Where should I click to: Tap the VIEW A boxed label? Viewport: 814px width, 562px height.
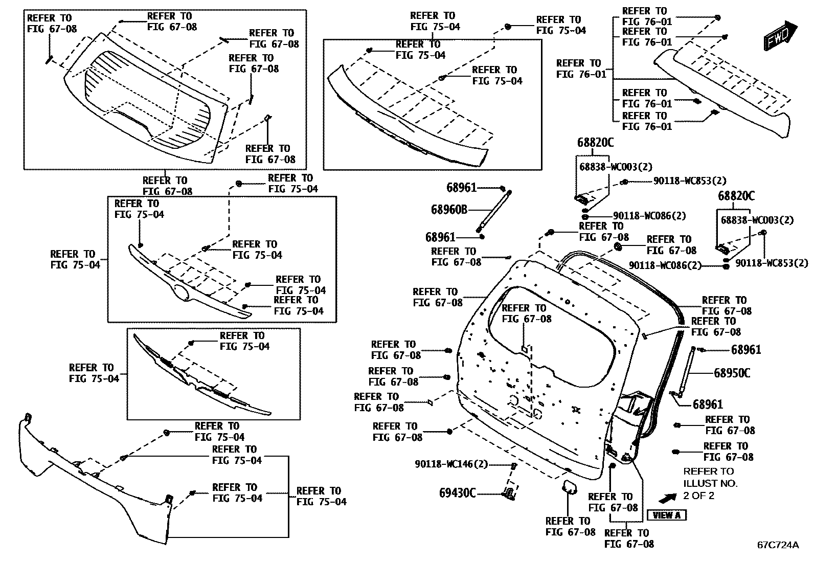tap(667, 515)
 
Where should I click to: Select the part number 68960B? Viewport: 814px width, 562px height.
tap(449, 209)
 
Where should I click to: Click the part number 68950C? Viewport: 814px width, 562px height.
tap(732, 373)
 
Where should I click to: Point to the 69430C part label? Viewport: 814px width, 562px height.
tap(457, 493)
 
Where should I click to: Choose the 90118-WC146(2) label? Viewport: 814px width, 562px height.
tap(451, 464)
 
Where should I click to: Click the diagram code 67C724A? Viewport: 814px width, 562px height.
tap(778, 545)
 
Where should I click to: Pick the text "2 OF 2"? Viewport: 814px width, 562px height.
tap(698, 496)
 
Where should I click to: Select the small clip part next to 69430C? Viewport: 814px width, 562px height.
tap(509, 494)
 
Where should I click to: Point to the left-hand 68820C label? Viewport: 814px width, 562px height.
tap(595, 143)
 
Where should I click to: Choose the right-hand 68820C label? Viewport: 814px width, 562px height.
tap(736, 196)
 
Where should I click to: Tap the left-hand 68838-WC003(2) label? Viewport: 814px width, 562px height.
tap(616, 167)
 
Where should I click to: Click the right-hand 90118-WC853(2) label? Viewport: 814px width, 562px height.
tap(772, 263)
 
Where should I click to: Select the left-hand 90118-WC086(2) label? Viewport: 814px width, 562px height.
tap(649, 216)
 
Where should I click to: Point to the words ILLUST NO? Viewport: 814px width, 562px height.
tap(710, 483)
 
